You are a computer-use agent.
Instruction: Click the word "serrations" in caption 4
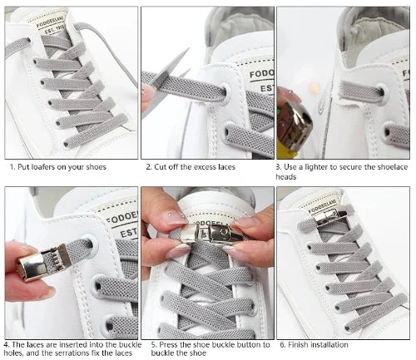coord(72,353)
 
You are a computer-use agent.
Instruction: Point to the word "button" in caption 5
coord(239,345)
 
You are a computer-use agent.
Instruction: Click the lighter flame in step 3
coord(314,88)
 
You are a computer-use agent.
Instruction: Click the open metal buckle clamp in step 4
coord(43,262)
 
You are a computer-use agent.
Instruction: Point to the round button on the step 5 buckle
coord(221,231)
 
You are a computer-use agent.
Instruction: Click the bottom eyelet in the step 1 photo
coord(66,144)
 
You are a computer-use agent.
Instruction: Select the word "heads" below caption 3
coord(286,177)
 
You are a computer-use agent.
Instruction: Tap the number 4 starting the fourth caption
coord(7,345)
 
